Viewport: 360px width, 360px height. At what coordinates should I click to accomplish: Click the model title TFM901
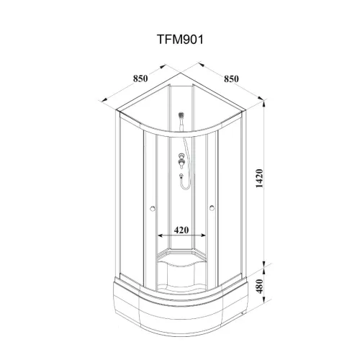pos(180,40)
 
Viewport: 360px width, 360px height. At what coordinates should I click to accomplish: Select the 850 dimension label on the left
pos(140,78)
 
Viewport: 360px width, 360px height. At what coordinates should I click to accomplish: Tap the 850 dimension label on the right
pos(231,78)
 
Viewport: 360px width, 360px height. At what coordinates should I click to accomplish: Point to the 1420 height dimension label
pos(259,179)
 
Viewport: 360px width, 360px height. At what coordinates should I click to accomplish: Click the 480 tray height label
pos(259,286)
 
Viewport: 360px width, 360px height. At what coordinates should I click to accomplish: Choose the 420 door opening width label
pos(181,230)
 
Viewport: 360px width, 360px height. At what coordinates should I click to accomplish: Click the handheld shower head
pos(181,115)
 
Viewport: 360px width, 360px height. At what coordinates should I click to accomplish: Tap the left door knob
pos(152,208)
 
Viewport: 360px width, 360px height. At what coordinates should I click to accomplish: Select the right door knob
pos(212,208)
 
